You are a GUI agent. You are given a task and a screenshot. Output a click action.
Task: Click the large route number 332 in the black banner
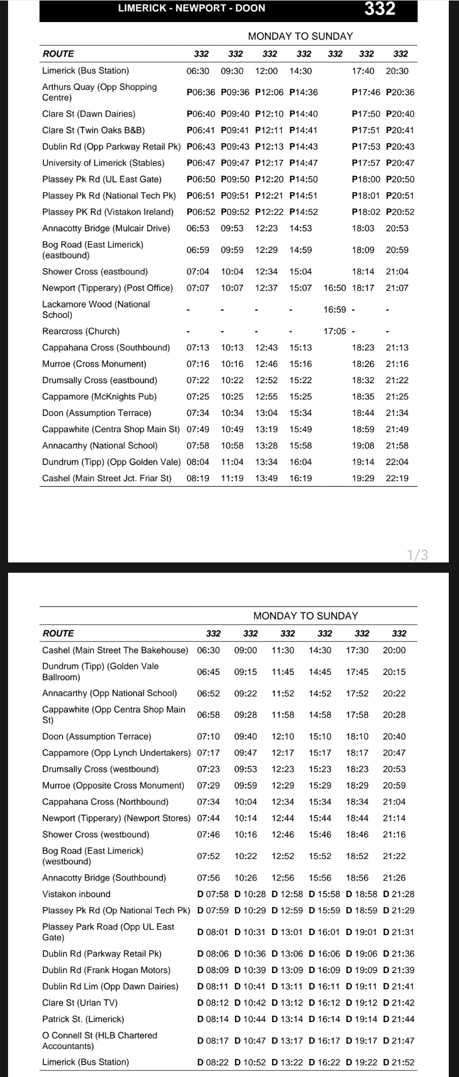click(x=380, y=9)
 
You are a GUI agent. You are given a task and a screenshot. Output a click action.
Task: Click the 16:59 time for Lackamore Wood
click(x=335, y=309)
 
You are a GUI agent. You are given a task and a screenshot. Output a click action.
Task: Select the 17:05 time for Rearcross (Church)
click(x=335, y=332)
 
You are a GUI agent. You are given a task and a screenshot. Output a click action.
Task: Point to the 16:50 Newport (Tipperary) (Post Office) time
click(x=335, y=288)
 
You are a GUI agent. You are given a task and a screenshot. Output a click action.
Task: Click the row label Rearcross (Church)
click(x=81, y=332)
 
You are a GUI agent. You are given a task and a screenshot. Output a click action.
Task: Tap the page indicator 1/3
click(x=418, y=555)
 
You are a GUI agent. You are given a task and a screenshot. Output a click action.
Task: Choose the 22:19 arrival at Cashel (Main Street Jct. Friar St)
click(x=397, y=478)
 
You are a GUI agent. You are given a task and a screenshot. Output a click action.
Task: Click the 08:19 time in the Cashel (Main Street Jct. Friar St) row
click(x=198, y=478)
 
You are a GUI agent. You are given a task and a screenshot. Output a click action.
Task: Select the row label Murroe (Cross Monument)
click(x=94, y=364)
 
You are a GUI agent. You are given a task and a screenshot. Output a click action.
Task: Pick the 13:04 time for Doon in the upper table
click(x=266, y=413)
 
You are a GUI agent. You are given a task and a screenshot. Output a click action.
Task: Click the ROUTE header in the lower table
click(x=58, y=633)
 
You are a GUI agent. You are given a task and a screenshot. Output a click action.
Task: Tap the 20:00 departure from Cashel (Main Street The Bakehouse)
click(x=394, y=650)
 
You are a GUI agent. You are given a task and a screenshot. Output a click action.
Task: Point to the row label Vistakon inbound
click(x=76, y=894)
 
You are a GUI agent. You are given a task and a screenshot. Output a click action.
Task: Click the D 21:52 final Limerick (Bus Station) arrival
click(x=399, y=1062)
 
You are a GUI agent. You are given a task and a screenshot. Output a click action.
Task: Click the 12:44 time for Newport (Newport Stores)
click(x=283, y=818)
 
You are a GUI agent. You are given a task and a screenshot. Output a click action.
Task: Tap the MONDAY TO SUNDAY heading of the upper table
click(x=300, y=36)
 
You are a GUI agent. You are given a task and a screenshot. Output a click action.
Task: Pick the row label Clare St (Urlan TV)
click(x=80, y=1003)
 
